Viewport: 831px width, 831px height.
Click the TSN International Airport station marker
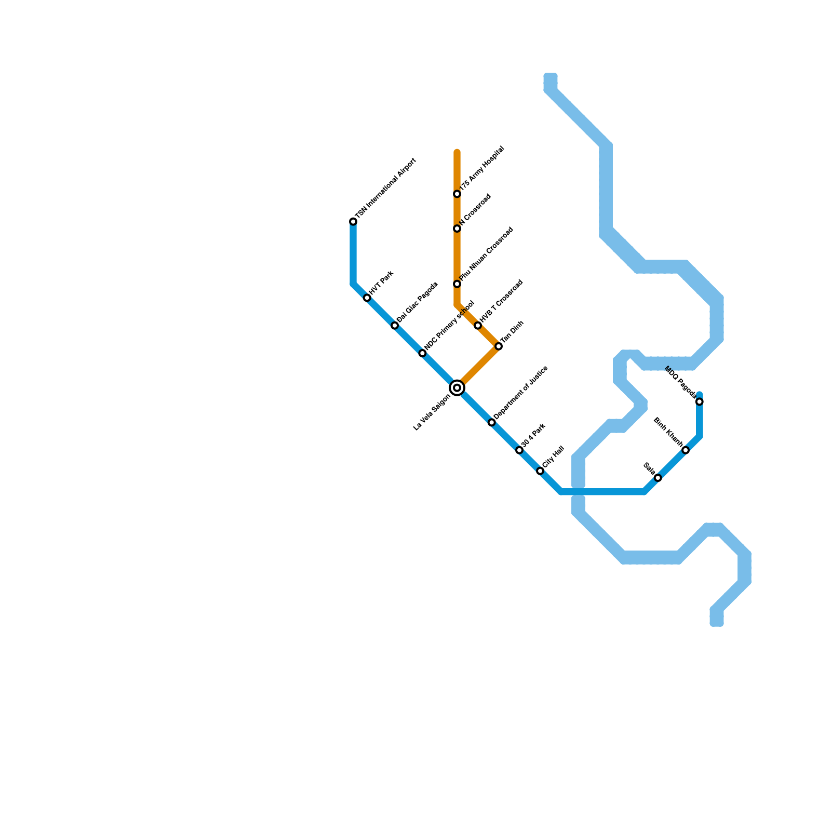(x=353, y=222)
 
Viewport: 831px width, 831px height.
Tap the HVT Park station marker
(x=367, y=298)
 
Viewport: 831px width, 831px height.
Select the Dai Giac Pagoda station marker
(x=395, y=326)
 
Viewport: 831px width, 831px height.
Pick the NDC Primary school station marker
(x=422, y=353)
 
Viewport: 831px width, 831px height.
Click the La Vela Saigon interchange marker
(x=457, y=388)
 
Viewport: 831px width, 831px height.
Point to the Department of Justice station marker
(x=492, y=423)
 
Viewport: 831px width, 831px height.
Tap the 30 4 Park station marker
(x=519, y=450)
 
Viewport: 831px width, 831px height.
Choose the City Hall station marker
(x=540, y=471)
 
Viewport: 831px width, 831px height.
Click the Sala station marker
(x=658, y=478)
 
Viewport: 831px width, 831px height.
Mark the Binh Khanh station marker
(x=686, y=450)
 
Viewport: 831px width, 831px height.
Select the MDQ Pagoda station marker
(x=700, y=401)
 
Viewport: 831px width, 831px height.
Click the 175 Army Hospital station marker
(x=457, y=194)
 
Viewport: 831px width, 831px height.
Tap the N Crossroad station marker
(x=457, y=229)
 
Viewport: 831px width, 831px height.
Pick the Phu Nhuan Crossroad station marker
(x=457, y=284)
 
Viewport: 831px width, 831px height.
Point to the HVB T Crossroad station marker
(x=478, y=326)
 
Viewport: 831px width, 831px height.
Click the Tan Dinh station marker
(x=499, y=346)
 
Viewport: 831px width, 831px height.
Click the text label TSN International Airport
(x=386, y=187)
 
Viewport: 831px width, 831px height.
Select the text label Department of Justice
(x=521, y=393)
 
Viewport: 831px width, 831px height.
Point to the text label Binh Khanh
(x=668, y=432)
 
